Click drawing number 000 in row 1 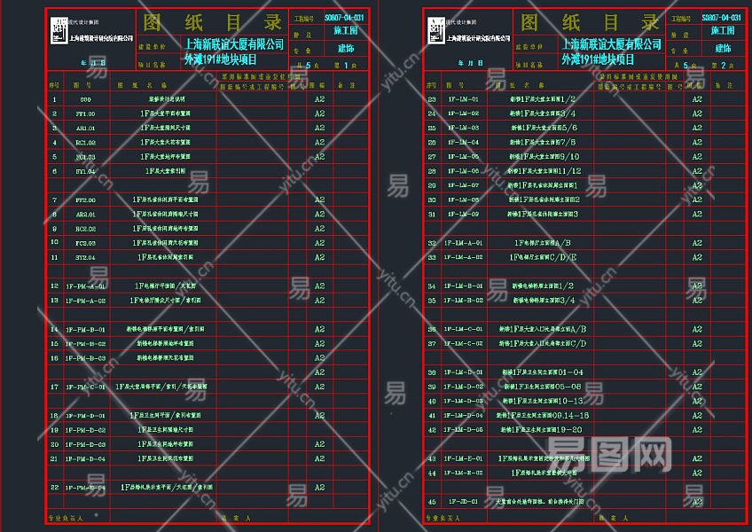pyautogui.click(x=85, y=99)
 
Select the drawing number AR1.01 pyautogui.click(x=85, y=128)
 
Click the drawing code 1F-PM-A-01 pyautogui.click(x=85, y=286)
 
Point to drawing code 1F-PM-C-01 pyautogui.click(x=85, y=387)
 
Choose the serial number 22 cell pyautogui.click(x=55, y=488)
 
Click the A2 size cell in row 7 pyautogui.click(x=319, y=199)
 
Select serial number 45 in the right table pyautogui.click(x=432, y=501)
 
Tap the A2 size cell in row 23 pyautogui.click(x=697, y=99)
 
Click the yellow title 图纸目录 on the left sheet pyautogui.click(x=210, y=22)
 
